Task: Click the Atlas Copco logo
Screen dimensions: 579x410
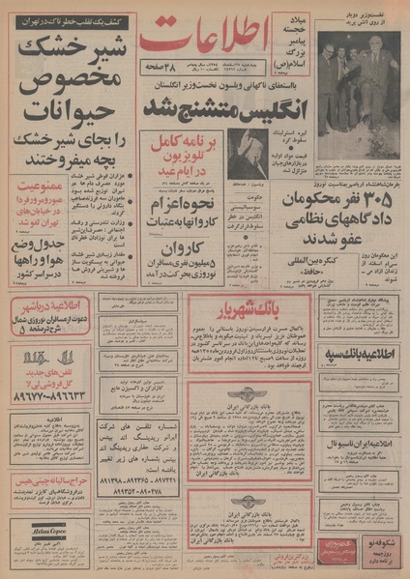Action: pos(36,529)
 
